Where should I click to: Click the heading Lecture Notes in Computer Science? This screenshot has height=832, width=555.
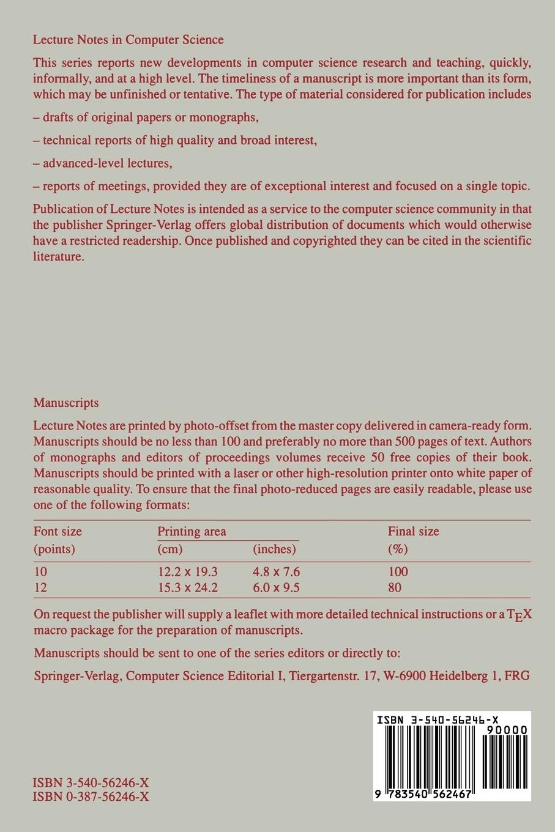click(128, 40)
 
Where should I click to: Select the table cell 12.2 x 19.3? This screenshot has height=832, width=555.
click(187, 572)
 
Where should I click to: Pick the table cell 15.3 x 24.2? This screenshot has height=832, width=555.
click(187, 588)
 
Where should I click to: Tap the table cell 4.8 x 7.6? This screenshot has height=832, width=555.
click(276, 572)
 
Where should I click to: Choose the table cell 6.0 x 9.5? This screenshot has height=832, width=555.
click(276, 588)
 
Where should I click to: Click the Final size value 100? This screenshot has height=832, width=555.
click(398, 572)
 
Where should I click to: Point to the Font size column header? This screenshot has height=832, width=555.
click(58, 531)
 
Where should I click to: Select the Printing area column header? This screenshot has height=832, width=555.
click(192, 531)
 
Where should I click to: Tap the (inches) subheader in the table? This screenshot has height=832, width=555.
click(274, 549)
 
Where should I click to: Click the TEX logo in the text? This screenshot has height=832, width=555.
click(519, 615)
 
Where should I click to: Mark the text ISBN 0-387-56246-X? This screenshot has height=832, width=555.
click(91, 797)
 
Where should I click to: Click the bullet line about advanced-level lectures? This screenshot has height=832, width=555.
click(102, 163)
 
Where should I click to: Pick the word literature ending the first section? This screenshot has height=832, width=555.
click(58, 256)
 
